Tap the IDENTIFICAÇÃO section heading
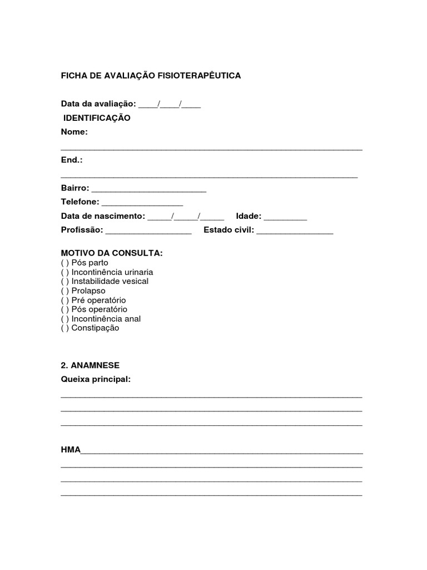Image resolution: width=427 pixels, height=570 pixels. (x=97, y=118)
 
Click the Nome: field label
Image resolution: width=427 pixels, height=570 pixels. (x=75, y=132)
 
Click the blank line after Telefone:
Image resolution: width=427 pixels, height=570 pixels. (x=142, y=203)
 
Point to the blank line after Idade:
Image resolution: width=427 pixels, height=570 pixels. (x=285, y=217)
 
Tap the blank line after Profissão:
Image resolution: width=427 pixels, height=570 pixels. (x=148, y=231)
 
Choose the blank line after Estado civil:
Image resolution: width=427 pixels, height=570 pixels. (x=295, y=231)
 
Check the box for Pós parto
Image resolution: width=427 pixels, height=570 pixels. (x=65, y=263)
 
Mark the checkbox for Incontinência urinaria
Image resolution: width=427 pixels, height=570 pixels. (x=65, y=272)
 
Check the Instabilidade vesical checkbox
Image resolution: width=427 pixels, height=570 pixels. (x=65, y=281)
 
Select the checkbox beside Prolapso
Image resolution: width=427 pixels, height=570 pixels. (x=65, y=291)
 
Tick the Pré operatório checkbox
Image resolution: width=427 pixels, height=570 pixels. (x=65, y=300)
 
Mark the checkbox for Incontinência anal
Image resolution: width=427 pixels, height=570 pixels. (x=65, y=319)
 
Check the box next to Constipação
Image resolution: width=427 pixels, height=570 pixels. (x=65, y=328)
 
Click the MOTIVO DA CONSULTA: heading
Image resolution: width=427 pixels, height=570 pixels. (x=112, y=253)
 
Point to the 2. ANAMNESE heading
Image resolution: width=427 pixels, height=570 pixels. (x=90, y=365)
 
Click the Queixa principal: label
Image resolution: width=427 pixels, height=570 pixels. (x=96, y=379)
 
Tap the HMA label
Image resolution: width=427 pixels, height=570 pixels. (x=71, y=449)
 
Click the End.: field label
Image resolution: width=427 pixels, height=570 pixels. (x=72, y=160)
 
